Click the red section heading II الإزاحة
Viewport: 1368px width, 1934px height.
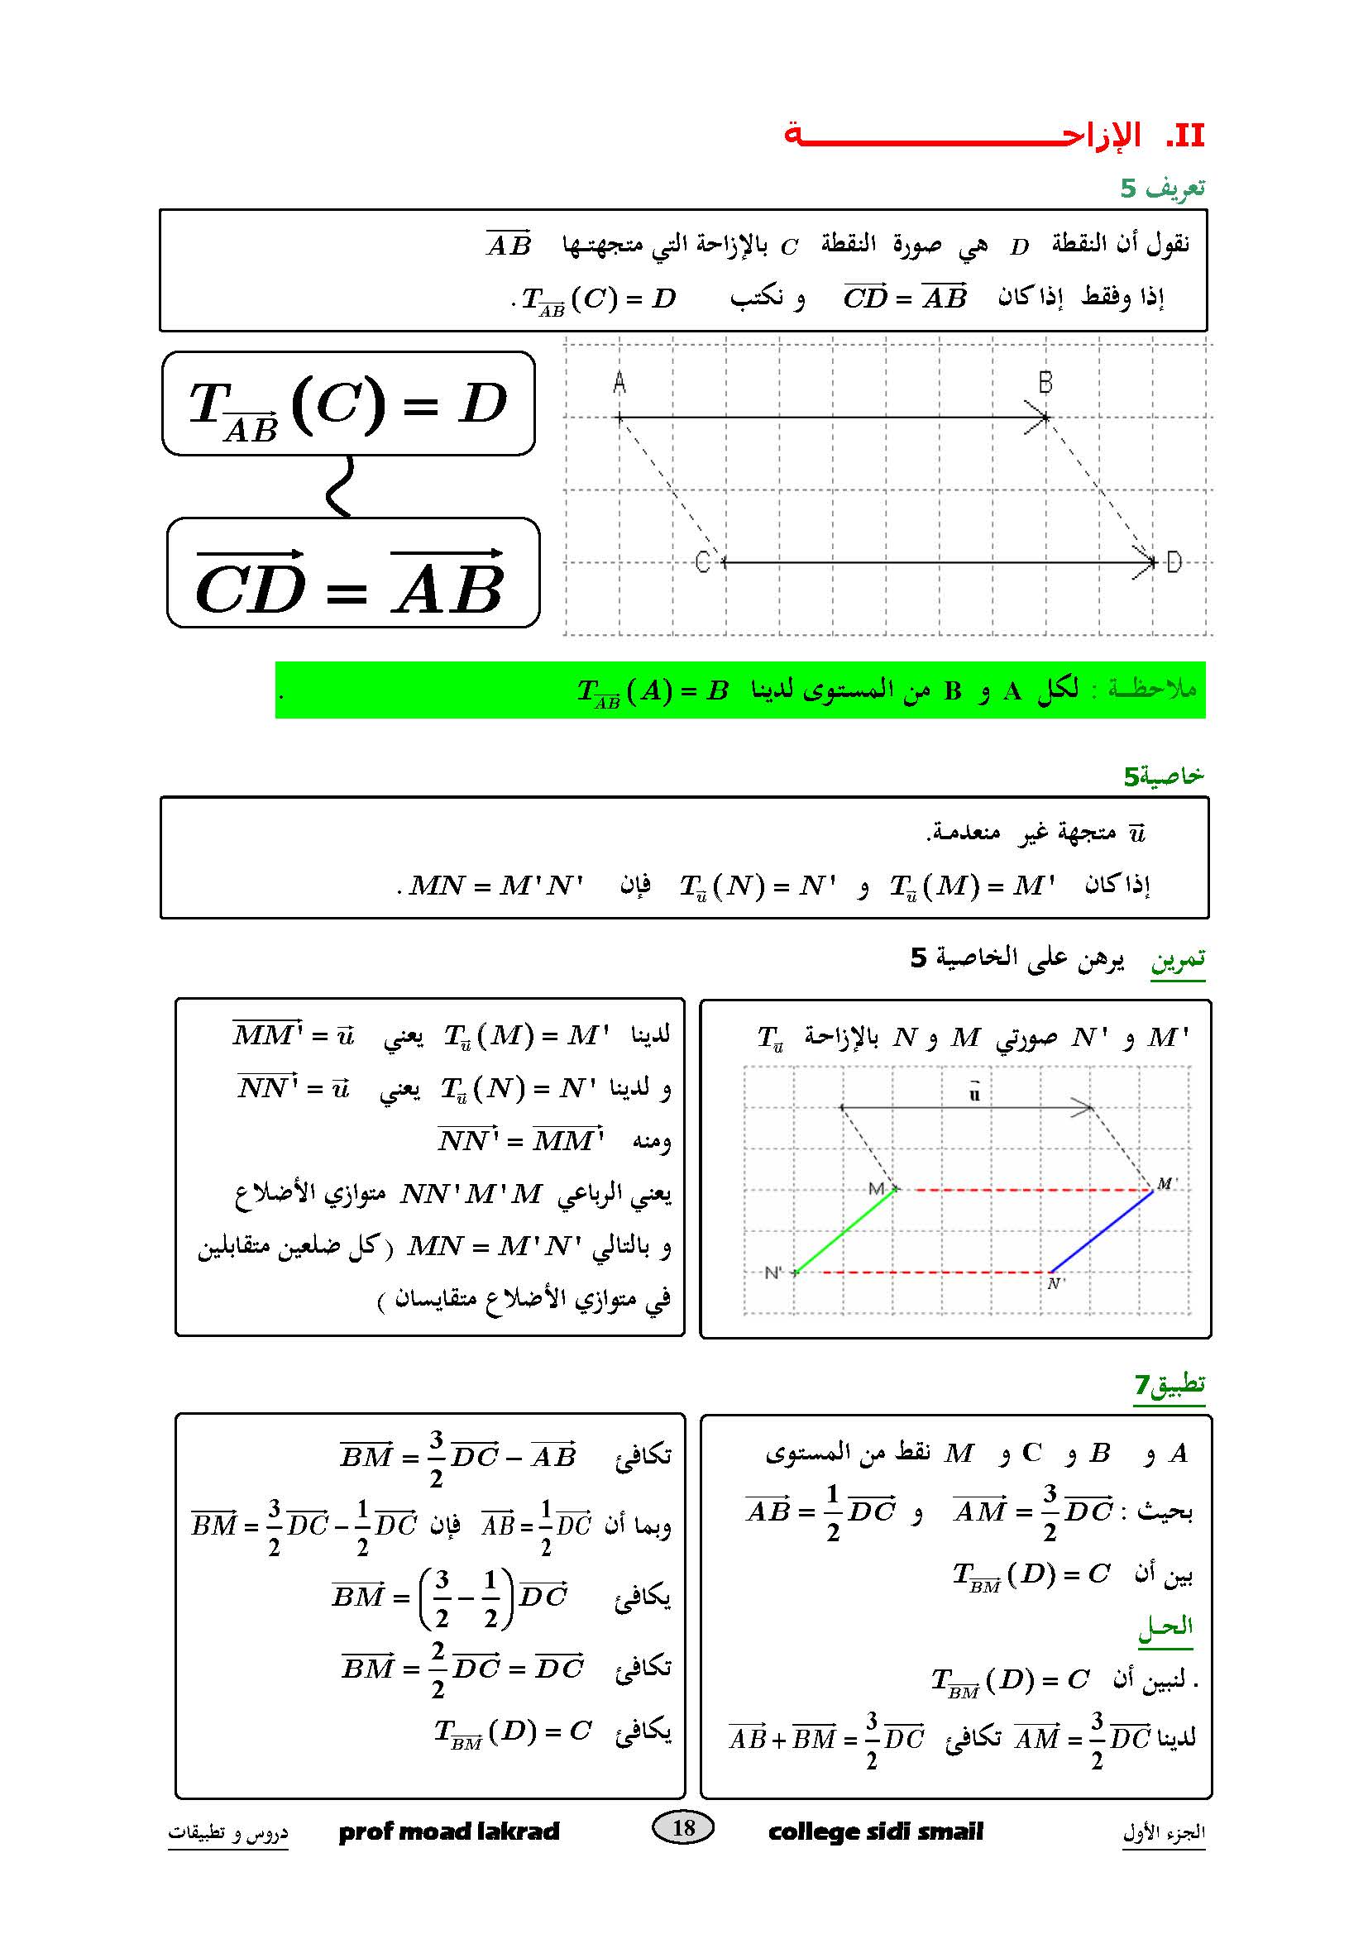(994, 136)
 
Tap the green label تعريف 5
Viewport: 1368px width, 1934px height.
(1161, 187)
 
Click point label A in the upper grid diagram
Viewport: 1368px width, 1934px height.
(619, 384)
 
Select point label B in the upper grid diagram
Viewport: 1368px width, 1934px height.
(1045, 384)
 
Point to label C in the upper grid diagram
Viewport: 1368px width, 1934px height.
(702, 561)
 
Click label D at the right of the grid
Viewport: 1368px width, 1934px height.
(1174, 561)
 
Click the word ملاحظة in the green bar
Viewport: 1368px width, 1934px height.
(1151, 689)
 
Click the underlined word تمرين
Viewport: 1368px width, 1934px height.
(1178, 959)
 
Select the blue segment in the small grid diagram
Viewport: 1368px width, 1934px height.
(1101, 1230)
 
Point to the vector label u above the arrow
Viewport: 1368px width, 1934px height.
(974, 1093)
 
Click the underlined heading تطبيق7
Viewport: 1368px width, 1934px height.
(1169, 1384)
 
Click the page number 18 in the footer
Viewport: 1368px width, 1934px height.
(683, 1827)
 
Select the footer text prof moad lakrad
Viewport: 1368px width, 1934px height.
(449, 1831)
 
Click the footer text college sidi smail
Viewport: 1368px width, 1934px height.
(875, 1831)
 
